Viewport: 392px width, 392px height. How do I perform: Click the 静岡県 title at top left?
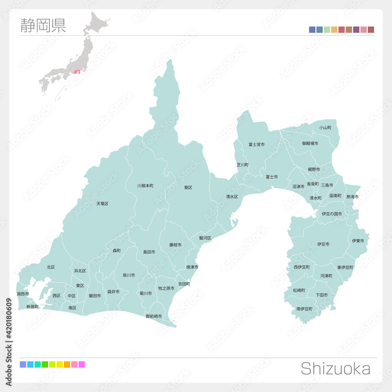(43, 25)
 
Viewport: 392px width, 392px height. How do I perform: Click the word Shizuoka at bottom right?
(335, 369)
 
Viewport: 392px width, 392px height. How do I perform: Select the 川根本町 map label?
(145, 185)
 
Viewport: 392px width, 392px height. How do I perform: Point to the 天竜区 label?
(102, 204)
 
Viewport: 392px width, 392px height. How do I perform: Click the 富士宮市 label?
(256, 144)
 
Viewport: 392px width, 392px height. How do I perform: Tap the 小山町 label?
(325, 128)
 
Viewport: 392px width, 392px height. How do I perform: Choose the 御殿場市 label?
(310, 143)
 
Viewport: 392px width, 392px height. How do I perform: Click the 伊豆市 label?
(323, 244)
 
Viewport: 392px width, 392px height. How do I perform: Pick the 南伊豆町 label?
(304, 309)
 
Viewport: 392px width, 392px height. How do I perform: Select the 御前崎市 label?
(154, 316)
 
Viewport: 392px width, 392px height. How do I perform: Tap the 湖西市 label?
(23, 294)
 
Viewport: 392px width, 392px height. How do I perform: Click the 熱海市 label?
(352, 196)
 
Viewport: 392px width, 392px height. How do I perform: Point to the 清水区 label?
(232, 196)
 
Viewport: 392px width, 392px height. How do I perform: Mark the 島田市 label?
(149, 252)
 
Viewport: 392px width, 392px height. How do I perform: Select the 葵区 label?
(188, 187)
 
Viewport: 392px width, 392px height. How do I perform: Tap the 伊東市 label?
(358, 241)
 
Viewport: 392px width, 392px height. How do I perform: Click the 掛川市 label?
(129, 275)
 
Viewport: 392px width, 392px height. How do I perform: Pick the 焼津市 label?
(192, 267)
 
